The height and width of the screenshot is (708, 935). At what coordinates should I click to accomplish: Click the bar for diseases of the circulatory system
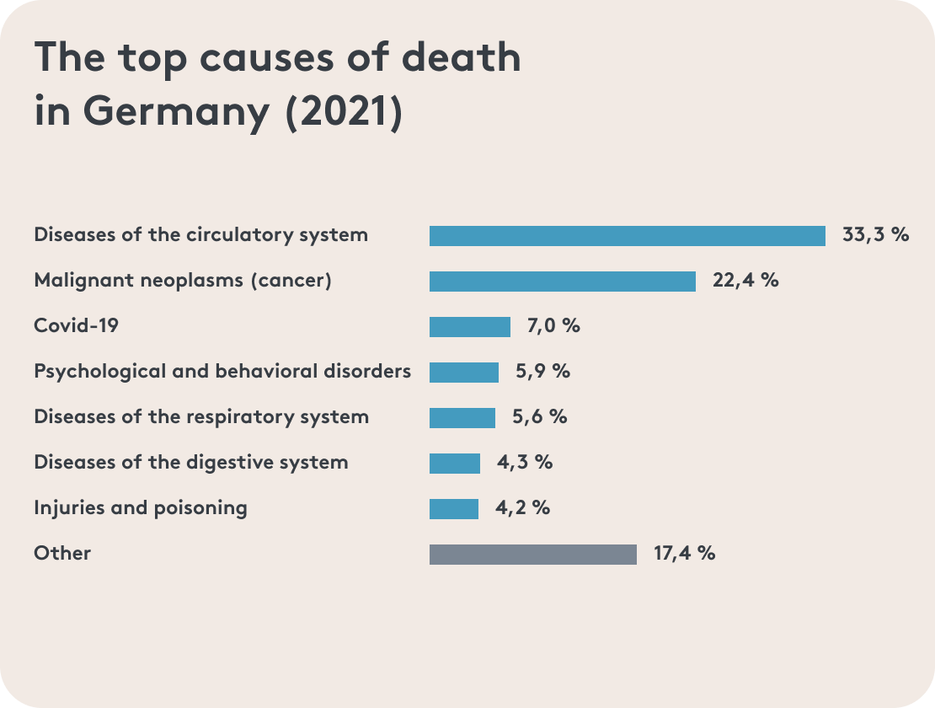pyautogui.click(x=627, y=236)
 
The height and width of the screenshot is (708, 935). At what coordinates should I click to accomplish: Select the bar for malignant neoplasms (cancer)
pyautogui.click(x=562, y=282)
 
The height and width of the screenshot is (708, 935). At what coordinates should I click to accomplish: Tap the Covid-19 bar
pyautogui.click(x=469, y=327)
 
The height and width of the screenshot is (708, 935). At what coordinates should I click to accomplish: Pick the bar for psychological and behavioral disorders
pyautogui.click(x=463, y=373)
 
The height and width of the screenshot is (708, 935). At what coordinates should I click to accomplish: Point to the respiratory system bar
pyautogui.click(x=462, y=418)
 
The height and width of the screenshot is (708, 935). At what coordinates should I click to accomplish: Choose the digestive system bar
pyautogui.click(x=454, y=464)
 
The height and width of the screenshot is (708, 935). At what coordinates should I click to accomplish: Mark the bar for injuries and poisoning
pyautogui.click(x=453, y=509)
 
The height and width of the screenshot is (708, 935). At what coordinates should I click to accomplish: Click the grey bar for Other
pyautogui.click(x=532, y=555)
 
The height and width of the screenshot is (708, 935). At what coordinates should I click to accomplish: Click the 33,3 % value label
pyautogui.click(x=875, y=234)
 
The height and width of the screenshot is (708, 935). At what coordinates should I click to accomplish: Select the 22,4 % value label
pyautogui.click(x=745, y=280)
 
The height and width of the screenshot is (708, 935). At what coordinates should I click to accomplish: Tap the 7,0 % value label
pyautogui.click(x=553, y=325)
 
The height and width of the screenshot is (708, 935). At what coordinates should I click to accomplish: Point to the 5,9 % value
pyautogui.click(x=542, y=371)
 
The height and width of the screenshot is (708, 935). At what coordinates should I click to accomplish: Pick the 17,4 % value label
pyautogui.click(x=684, y=553)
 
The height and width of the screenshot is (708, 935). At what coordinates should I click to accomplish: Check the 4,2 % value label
pyautogui.click(x=523, y=507)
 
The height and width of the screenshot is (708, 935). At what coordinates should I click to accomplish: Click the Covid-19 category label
pyautogui.click(x=76, y=325)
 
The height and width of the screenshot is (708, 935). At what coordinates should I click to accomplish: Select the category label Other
pyautogui.click(x=62, y=553)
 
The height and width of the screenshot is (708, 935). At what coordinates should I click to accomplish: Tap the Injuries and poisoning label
pyautogui.click(x=141, y=507)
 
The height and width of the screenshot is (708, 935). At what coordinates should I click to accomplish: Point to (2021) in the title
pyautogui.click(x=344, y=113)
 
